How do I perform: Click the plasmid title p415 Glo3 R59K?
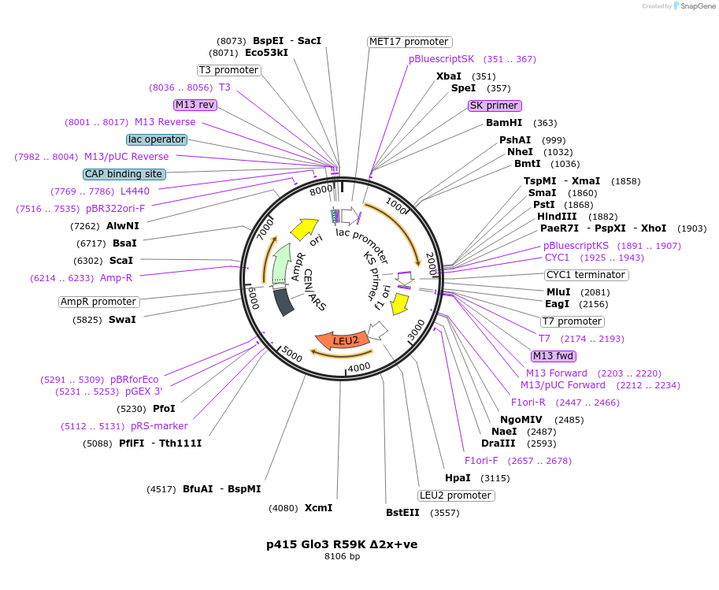pos(342,544)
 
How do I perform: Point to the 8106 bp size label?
pos(342,557)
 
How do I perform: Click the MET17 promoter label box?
pos(410,42)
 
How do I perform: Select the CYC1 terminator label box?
pos(586,275)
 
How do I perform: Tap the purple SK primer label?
pos(495,106)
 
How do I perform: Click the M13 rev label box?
pos(195,105)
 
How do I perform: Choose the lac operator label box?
pos(157,139)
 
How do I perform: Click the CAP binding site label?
pos(124,174)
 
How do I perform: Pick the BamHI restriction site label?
pos(504,123)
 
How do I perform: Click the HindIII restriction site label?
pos(557,217)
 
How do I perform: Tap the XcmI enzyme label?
pos(318,508)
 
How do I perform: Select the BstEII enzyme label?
pos(402,513)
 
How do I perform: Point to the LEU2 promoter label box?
pos(456,495)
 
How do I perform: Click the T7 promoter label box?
pos(573,321)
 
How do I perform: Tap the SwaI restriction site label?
pos(122,320)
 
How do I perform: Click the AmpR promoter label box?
pos(99,302)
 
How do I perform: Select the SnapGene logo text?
pos(698,6)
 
